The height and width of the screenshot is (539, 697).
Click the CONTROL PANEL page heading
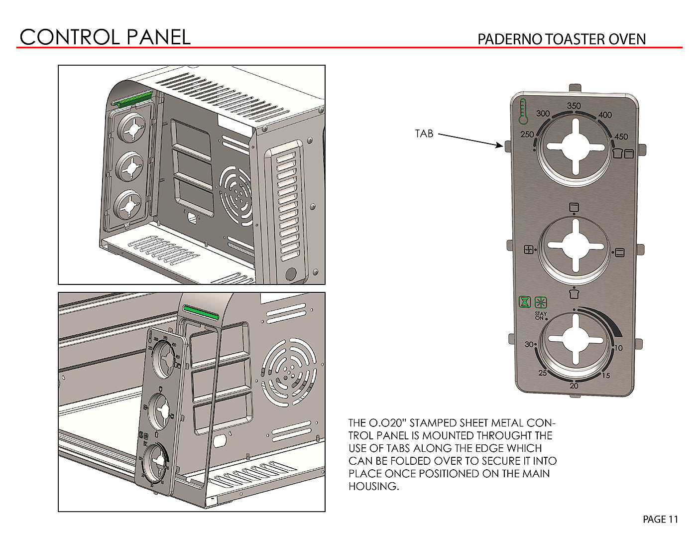pyautogui.click(x=105, y=37)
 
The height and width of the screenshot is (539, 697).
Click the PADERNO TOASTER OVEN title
pyautogui.click(x=561, y=39)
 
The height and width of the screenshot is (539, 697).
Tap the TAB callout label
pyautogui.click(x=424, y=134)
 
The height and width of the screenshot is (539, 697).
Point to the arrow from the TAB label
pyautogui.click(x=470, y=140)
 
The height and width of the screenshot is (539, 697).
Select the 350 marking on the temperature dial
pyautogui.click(x=574, y=106)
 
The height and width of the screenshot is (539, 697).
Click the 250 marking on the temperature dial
pyautogui.click(x=527, y=135)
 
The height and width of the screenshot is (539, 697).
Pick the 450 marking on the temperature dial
pyautogui.click(x=621, y=136)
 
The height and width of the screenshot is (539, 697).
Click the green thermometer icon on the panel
pyautogui.click(x=522, y=111)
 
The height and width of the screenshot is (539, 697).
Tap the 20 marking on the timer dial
pyautogui.click(x=574, y=386)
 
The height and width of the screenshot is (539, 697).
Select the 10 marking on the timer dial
pyautogui.click(x=618, y=348)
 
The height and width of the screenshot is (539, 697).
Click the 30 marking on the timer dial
pyautogui.click(x=529, y=344)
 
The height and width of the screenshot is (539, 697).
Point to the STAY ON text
pyautogui.click(x=540, y=316)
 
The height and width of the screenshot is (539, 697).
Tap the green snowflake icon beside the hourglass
pyautogui.click(x=541, y=302)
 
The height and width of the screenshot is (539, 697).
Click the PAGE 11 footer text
pyautogui.click(x=660, y=520)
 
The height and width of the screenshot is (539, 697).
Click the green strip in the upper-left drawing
pyautogui.click(x=133, y=99)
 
